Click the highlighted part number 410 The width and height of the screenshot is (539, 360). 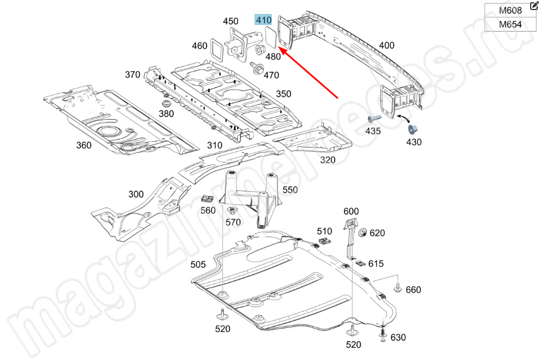[x=264, y=21]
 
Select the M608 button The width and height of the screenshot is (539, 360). [x=510, y=11]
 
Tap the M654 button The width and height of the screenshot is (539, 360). [x=510, y=24]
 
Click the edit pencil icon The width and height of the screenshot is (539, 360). [x=534, y=5]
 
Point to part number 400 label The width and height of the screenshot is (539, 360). [x=386, y=46]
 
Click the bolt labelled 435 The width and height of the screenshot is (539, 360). [x=373, y=119]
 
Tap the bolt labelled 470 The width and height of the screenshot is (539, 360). [x=258, y=69]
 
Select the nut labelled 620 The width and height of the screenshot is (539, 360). [x=362, y=232]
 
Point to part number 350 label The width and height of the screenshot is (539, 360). [x=283, y=94]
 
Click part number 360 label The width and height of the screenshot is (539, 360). [x=84, y=146]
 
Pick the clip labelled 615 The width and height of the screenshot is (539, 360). [x=360, y=262]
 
